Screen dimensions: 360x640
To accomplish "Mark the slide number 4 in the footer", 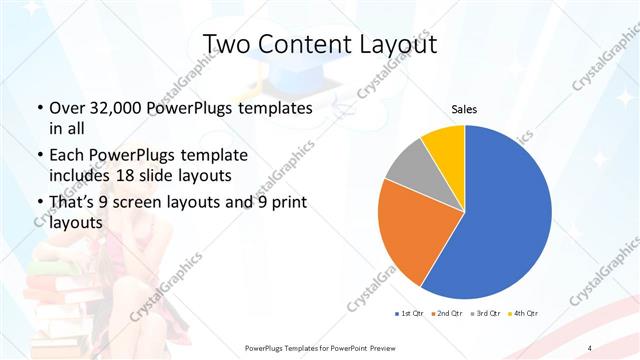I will [x=590, y=347].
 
